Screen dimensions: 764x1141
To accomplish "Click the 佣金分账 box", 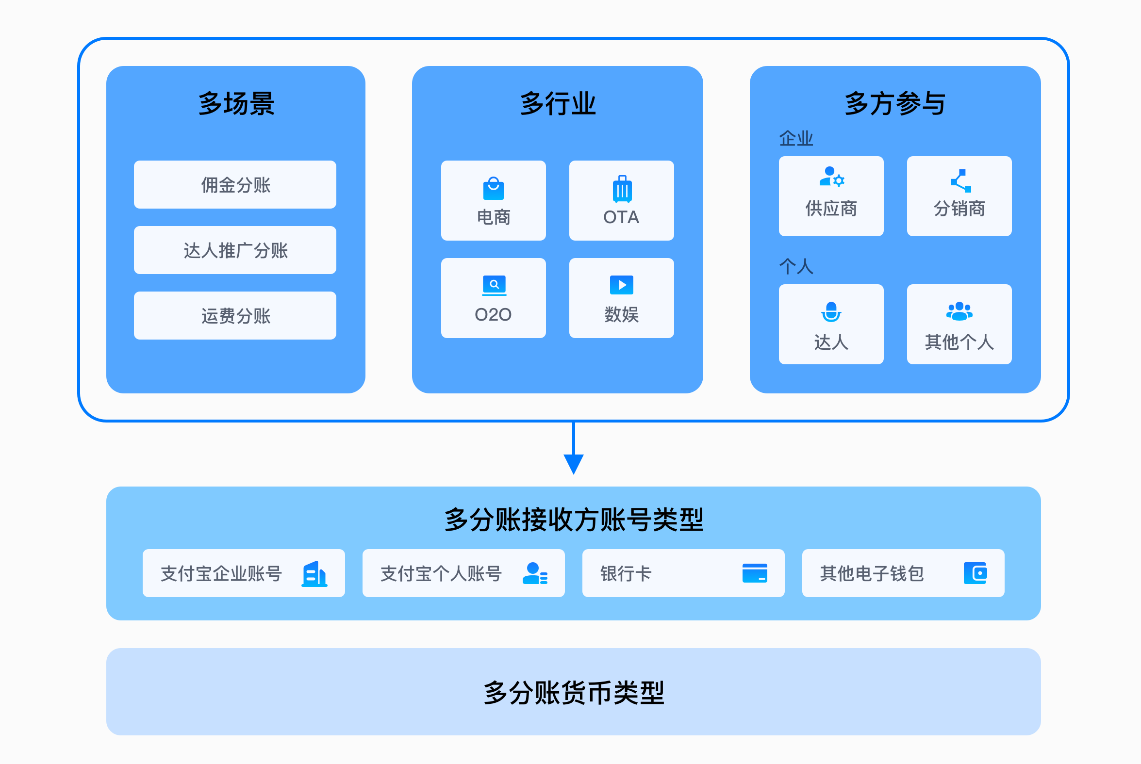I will (235, 185).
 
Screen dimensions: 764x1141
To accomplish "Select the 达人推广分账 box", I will (235, 250).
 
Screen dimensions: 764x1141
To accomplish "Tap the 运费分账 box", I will (235, 315).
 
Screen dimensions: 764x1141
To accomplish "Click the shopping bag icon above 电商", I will (493, 189).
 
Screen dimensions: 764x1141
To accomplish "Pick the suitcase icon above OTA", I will (622, 189).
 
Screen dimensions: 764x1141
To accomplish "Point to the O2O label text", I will (493, 315).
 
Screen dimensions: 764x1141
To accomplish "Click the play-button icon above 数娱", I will (621, 285).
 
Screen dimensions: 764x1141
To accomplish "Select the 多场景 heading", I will (236, 104).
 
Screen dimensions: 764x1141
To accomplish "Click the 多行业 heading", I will (558, 104).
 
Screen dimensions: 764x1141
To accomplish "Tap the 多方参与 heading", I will (895, 104).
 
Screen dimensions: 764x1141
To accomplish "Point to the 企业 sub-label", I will (796, 139).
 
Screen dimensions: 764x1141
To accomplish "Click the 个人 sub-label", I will (796, 266).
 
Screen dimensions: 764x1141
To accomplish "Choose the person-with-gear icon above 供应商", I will (831, 177).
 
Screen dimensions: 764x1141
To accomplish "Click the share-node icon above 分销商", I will (960, 181).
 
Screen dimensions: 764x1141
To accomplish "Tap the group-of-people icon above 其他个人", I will (959, 311).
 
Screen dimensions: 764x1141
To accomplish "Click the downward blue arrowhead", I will (574, 463).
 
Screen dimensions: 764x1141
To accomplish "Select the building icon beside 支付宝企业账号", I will (314, 574).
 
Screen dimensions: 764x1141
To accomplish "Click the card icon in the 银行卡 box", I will (755, 573).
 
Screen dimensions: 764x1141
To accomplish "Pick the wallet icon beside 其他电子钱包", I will (976, 573).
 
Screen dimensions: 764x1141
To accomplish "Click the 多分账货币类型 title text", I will (574, 692).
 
